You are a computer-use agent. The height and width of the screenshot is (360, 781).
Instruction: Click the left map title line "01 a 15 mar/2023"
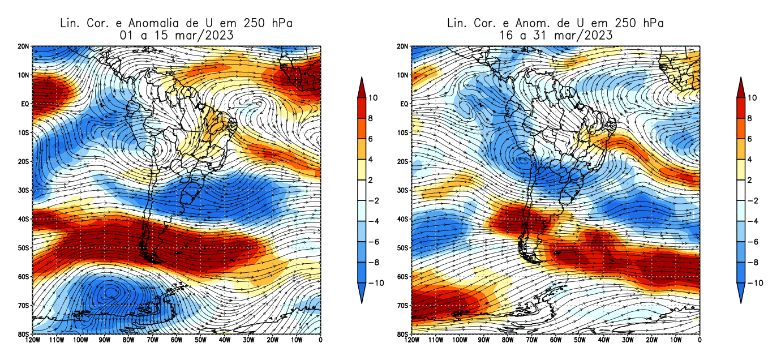[x=176, y=35]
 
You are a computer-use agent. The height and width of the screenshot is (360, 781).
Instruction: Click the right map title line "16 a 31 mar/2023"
[x=555, y=35]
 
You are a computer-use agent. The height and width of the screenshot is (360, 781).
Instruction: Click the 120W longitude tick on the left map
[x=32, y=340]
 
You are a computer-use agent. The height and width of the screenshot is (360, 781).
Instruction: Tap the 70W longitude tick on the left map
[x=152, y=340]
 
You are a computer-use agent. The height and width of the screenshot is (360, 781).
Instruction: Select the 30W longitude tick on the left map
[x=248, y=340]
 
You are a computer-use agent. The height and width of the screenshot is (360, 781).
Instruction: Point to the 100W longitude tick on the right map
[x=460, y=340]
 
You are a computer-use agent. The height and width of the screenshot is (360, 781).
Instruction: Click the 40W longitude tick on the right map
[x=603, y=340]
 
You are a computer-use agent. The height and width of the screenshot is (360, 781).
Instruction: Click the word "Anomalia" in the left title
[x=162, y=23]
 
